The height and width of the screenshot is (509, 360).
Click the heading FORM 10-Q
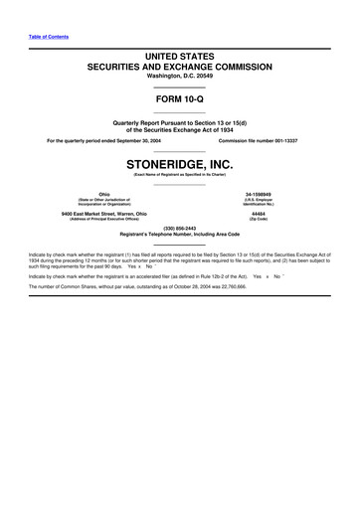pyautogui.click(x=179, y=100)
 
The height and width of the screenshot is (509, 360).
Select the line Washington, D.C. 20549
pyautogui.click(x=179, y=77)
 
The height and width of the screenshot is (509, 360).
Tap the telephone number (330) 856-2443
pyautogui.click(x=179, y=226)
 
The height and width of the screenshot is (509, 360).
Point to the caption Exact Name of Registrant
pyautogui.click(x=179, y=174)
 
